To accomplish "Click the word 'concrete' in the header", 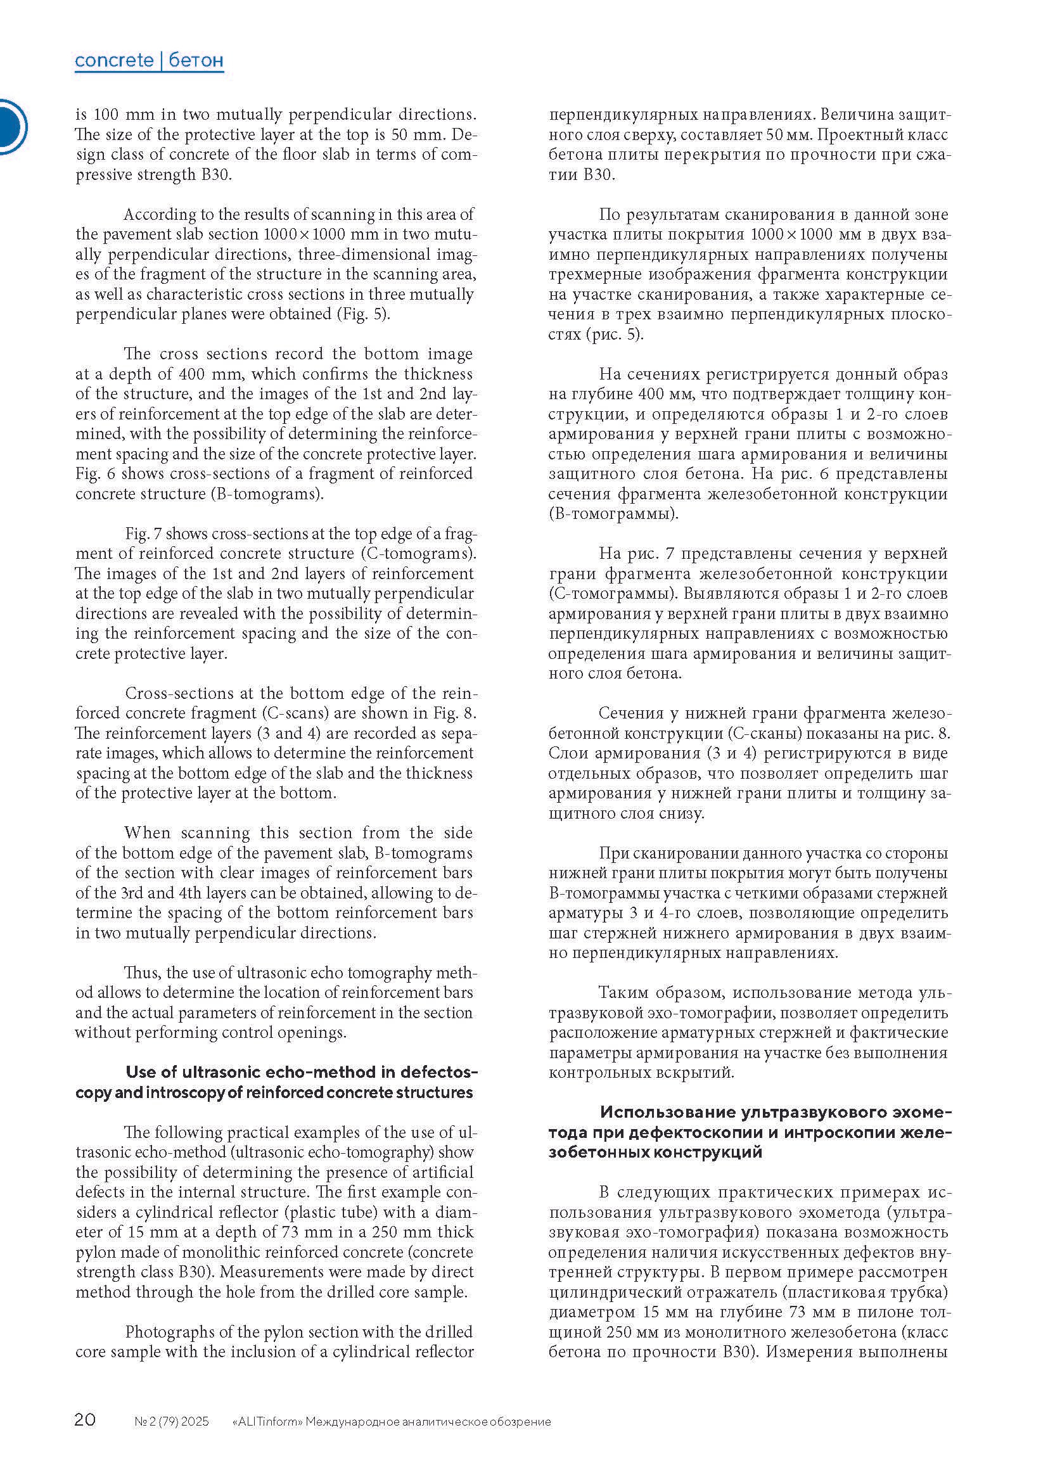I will click(x=114, y=61).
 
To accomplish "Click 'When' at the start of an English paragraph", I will click(x=146, y=833).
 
